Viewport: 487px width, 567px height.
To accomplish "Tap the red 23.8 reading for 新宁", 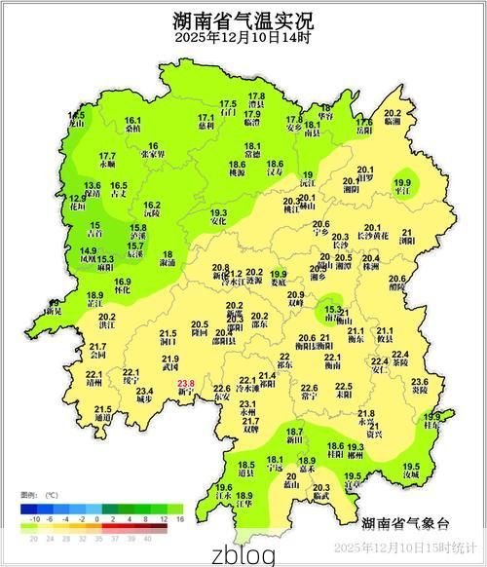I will click(x=187, y=384).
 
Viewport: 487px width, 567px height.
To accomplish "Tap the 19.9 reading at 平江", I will click(x=402, y=182).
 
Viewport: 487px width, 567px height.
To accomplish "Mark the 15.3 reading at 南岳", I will click(x=334, y=309).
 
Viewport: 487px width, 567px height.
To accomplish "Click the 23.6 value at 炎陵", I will click(x=420, y=382).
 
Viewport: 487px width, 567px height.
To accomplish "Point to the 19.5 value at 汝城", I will click(x=411, y=467).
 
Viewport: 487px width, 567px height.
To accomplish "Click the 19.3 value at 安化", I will click(x=219, y=212).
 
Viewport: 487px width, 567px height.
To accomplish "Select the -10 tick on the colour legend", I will click(x=36, y=520).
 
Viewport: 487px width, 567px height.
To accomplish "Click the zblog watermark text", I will click(x=243, y=553).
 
